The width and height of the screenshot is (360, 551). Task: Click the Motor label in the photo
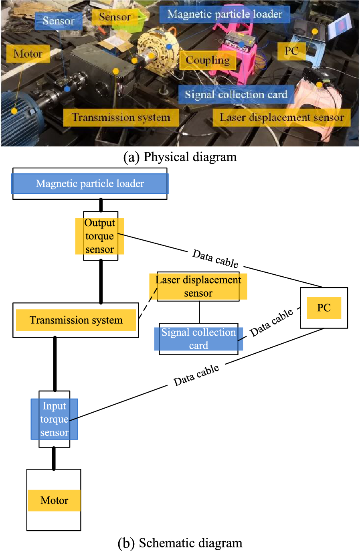point(28,54)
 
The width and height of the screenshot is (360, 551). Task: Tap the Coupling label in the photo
point(208,60)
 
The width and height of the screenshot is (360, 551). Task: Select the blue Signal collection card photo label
point(236,95)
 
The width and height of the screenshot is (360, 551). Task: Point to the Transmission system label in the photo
point(121,117)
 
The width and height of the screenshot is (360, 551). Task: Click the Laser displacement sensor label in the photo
point(281,117)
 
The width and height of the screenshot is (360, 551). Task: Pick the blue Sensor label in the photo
point(59,21)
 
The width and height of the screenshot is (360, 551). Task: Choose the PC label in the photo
point(291,51)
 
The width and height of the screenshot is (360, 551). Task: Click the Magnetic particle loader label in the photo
point(224,14)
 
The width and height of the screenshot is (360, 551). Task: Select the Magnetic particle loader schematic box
point(90,184)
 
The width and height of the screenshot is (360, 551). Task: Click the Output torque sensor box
point(100,236)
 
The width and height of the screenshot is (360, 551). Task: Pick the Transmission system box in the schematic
point(76,320)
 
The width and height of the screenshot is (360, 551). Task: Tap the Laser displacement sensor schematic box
point(198,286)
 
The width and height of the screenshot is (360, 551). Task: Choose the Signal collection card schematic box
point(198,339)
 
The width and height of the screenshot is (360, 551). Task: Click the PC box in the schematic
point(324,308)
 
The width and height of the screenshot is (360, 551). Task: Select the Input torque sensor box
point(55,419)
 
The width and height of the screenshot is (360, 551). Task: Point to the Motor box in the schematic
point(54,500)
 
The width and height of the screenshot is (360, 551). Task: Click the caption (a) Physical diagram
point(180,157)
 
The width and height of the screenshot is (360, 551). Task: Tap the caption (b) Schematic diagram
point(180,543)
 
